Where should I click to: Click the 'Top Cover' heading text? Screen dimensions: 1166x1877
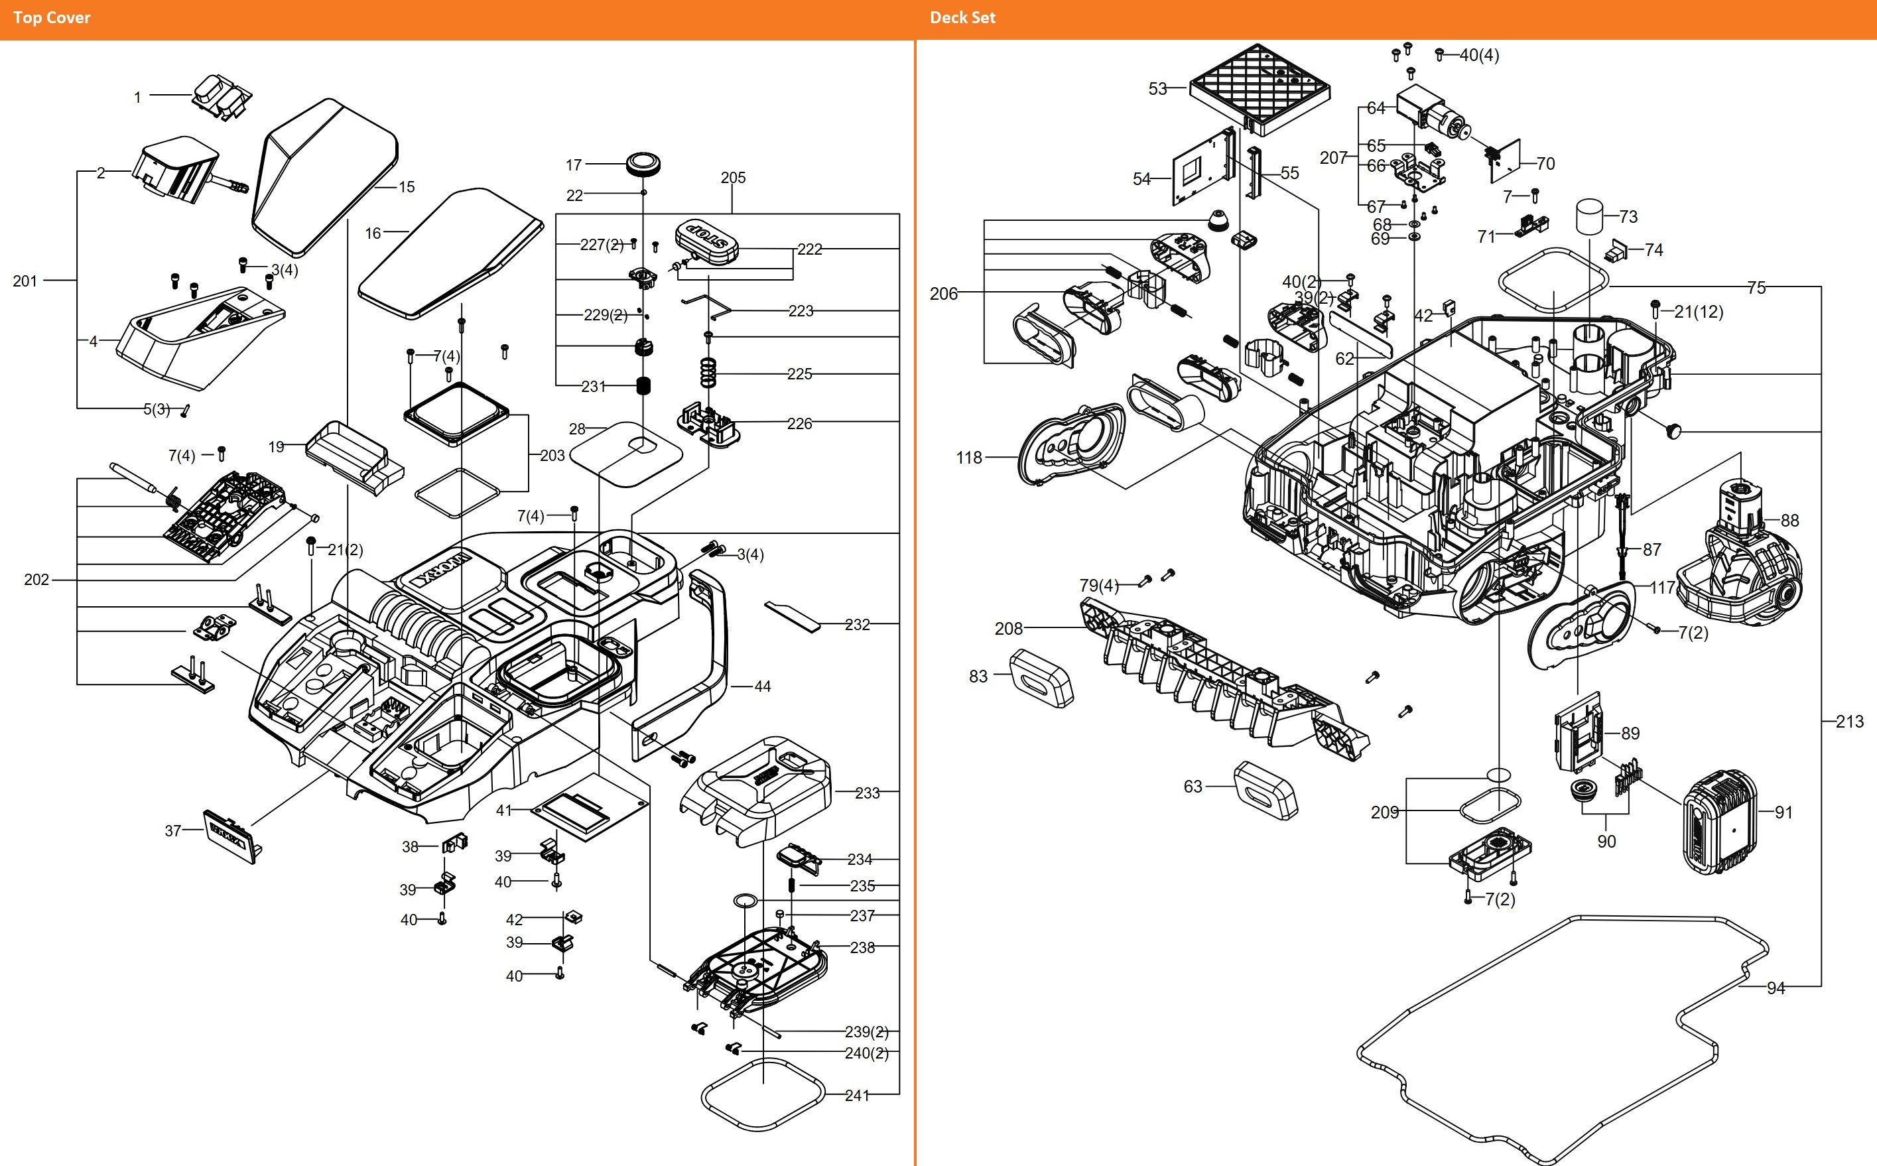(52, 18)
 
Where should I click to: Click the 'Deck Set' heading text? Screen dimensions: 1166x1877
(962, 18)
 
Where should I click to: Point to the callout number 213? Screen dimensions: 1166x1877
(1848, 722)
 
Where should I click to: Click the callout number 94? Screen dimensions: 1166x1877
(1776, 988)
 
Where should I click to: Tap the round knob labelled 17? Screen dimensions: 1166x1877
(643, 163)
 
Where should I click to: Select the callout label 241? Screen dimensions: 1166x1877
(857, 1095)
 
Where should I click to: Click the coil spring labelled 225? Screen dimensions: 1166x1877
(707, 373)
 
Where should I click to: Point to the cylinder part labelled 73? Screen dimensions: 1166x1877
(1588, 217)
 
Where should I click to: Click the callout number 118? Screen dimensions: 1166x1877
(968, 457)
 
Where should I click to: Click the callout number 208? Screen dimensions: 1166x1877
(1008, 629)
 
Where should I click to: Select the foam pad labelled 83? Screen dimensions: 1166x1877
(1041, 679)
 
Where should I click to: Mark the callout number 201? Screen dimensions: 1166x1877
(25, 281)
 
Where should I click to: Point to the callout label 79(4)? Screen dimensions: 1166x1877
(1098, 585)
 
